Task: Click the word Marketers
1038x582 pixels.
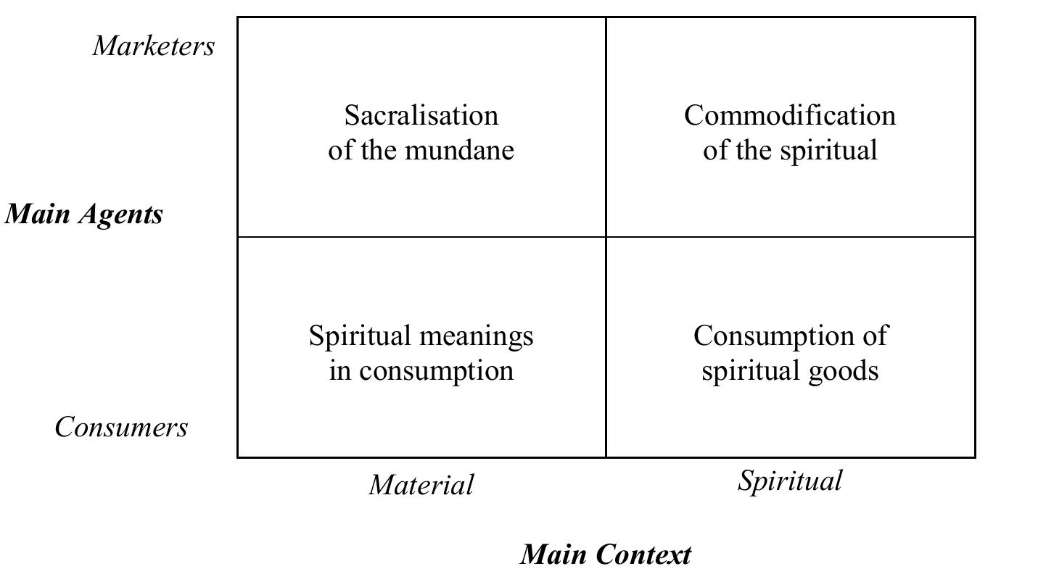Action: [154, 46]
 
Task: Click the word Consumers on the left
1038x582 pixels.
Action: [121, 426]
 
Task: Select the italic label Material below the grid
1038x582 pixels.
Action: [421, 484]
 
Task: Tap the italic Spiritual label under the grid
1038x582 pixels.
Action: [790, 481]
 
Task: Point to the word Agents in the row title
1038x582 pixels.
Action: [120, 215]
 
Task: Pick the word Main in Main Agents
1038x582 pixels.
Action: [37, 214]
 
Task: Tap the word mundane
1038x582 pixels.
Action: [459, 150]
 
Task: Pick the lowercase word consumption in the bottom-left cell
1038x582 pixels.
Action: [437, 372]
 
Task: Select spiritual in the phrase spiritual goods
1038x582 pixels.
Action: [751, 372]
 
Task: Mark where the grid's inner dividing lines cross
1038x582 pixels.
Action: [606, 237]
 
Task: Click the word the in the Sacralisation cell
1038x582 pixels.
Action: [379, 150]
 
